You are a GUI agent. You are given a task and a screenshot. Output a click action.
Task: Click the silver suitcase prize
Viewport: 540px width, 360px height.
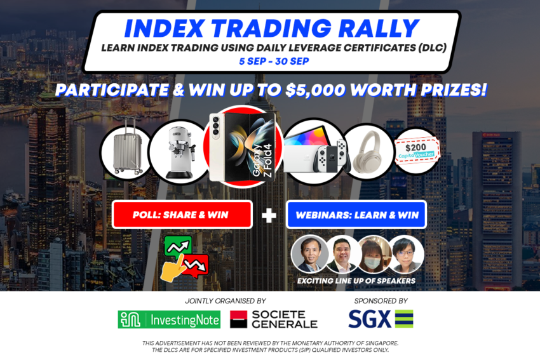(128, 146)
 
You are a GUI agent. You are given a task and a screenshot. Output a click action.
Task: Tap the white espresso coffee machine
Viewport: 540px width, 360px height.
(180, 152)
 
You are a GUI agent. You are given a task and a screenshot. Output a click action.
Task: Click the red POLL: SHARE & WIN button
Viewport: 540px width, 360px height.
(182, 215)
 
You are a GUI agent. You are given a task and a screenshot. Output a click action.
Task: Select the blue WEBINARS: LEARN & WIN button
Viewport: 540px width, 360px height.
(356, 215)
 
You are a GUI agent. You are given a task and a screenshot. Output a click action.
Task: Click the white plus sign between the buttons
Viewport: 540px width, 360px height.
(269, 215)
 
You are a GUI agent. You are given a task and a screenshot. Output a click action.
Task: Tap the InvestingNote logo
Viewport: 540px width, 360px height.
(169, 320)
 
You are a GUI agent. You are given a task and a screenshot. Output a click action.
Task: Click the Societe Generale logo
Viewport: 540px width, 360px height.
(274, 319)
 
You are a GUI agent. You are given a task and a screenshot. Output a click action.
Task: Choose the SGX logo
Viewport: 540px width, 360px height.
(381, 319)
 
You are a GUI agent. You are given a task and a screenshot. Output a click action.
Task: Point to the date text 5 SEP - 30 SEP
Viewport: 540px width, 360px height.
(274, 61)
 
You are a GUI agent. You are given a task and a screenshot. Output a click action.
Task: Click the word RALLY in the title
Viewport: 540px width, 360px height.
(379, 28)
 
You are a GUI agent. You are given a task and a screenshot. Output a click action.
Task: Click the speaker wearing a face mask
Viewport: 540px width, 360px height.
(374, 255)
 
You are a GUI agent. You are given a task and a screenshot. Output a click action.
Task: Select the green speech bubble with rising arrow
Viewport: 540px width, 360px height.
(178, 246)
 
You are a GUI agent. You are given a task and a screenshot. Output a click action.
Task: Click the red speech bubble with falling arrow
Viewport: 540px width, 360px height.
(196, 265)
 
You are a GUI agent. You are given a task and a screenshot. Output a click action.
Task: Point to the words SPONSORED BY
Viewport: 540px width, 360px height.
(381, 301)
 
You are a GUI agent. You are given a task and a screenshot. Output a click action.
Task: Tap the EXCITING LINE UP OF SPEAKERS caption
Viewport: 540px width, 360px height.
(356, 281)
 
